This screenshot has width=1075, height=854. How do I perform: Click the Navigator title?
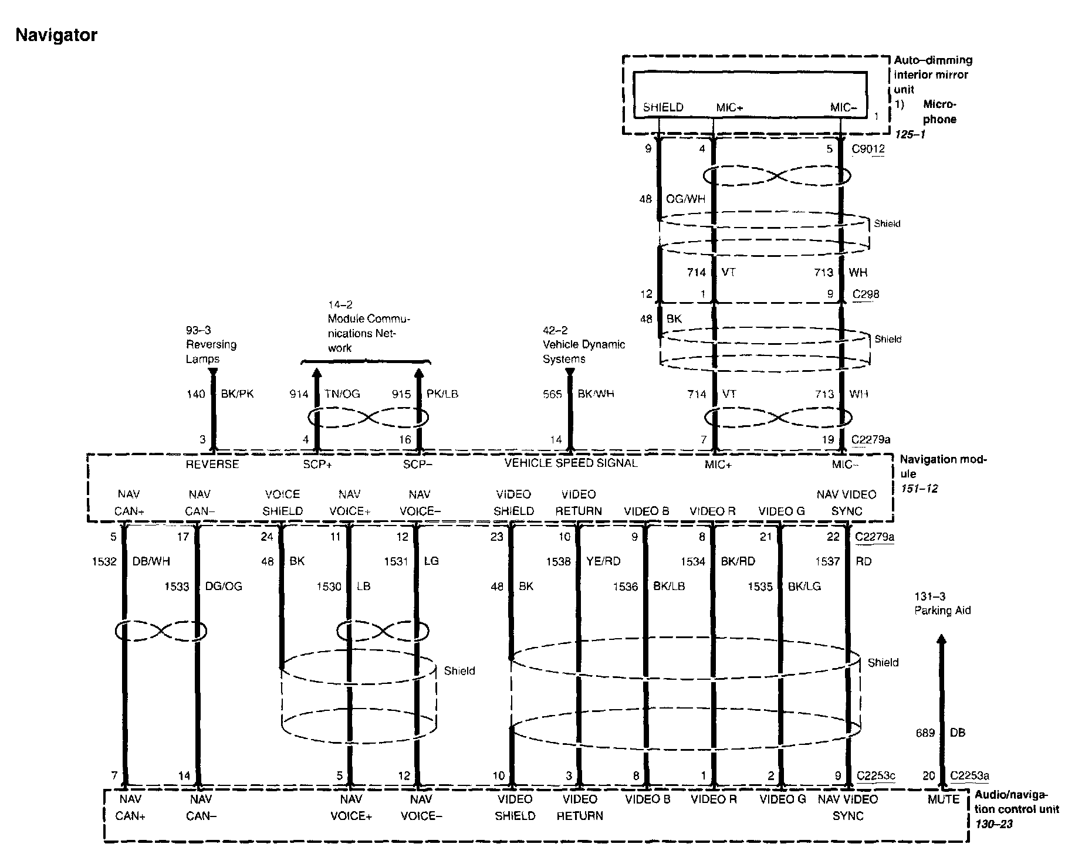(56, 35)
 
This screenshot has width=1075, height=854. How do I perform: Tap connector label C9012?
(868, 149)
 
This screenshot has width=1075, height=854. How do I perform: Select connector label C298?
(866, 294)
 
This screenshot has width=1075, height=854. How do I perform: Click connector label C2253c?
(875, 776)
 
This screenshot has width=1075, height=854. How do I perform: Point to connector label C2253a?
(969, 776)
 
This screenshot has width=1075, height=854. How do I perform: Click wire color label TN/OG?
(342, 394)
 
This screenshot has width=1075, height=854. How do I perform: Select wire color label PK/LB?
(442, 394)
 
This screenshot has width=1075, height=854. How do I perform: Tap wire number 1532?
(104, 561)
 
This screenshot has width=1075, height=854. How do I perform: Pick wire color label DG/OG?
(223, 586)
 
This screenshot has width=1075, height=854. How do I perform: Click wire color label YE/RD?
(603, 561)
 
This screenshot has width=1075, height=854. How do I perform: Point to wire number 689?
(925, 733)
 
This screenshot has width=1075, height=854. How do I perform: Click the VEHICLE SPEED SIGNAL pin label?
(571, 463)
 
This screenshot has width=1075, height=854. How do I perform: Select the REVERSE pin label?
(212, 465)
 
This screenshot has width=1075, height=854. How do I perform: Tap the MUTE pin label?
(944, 799)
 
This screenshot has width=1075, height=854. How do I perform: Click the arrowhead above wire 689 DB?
(941, 639)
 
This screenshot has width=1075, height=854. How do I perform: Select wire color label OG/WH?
(685, 199)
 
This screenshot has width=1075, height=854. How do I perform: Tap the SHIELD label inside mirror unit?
(663, 107)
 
